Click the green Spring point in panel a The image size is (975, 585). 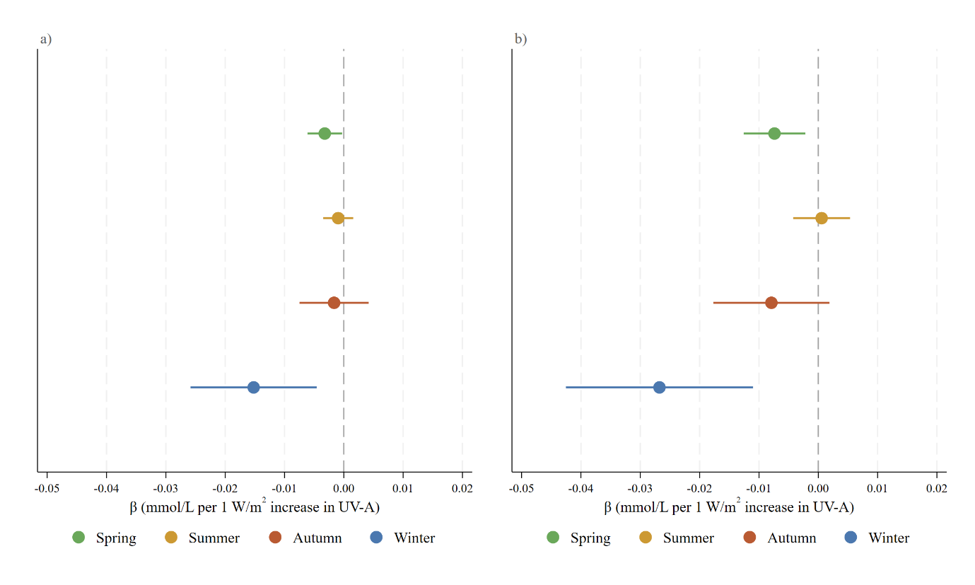coord(325,133)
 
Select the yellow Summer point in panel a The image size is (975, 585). coord(338,218)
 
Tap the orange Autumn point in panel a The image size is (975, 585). coord(334,303)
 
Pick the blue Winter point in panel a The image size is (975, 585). coord(254,387)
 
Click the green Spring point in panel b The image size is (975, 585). coord(774,133)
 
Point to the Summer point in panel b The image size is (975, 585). coord(822,218)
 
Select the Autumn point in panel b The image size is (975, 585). coord(771,303)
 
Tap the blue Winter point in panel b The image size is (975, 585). coord(660,387)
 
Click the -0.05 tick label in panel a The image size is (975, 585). coord(47,488)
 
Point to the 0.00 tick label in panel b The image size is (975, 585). coord(818,488)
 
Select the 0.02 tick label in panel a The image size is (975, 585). coord(462,488)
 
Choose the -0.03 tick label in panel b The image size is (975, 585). coord(640,488)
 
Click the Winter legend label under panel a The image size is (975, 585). coord(414,538)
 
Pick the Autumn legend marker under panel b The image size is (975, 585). coord(749,538)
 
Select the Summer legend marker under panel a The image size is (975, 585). coord(171,538)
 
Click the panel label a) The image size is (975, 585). coord(46,39)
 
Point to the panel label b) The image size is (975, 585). coord(520,39)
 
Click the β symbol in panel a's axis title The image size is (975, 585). coord(133,508)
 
